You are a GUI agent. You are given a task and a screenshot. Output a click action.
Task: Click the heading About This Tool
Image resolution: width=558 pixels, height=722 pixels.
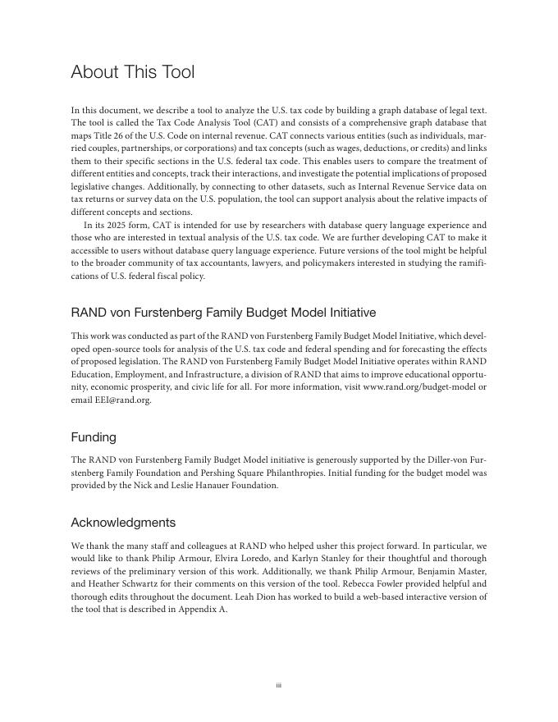coord(133,72)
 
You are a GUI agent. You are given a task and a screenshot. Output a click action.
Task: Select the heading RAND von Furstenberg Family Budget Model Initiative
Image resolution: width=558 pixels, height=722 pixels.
coord(223,313)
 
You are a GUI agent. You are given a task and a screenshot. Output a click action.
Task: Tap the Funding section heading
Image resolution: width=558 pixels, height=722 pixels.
coord(94,437)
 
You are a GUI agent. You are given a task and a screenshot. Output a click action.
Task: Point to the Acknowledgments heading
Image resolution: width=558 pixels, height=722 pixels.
coord(123,523)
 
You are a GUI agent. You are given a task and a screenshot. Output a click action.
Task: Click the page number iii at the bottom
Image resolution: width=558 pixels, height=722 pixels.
coord(279,685)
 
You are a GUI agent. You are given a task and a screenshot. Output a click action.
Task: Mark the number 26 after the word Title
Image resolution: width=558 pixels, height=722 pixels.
coord(114,136)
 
